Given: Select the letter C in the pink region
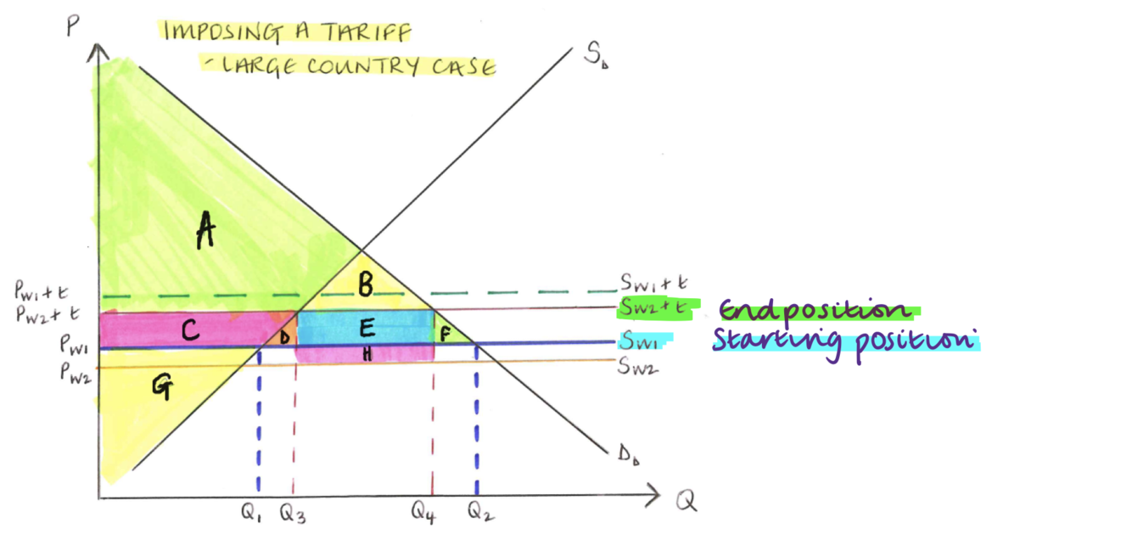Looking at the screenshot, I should pyautogui.click(x=191, y=331).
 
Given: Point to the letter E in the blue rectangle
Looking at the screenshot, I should pyautogui.click(x=367, y=329).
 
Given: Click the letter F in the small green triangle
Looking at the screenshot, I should pyautogui.click(x=444, y=333).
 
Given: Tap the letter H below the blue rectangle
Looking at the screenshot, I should pyautogui.click(x=367, y=356).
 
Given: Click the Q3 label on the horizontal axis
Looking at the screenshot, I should pyautogui.click(x=294, y=513).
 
